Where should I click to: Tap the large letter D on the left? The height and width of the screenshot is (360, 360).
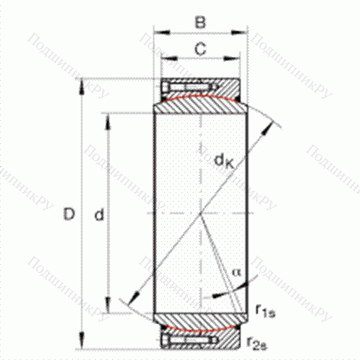(x=68, y=214)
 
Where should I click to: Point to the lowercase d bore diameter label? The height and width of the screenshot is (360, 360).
(x=100, y=214)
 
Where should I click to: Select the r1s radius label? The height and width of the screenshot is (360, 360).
(x=264, y=310)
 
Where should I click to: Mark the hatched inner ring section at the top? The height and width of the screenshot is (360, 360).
(x=201, y=104)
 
